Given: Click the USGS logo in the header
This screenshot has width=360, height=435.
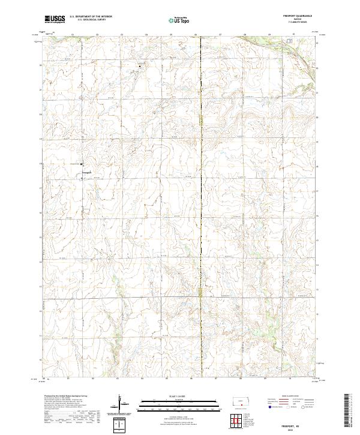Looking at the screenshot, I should click(x=55, y=19).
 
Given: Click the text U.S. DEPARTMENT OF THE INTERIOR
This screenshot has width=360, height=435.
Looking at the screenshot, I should click(x=90, y=17).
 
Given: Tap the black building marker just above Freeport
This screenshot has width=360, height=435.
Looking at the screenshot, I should click(x=82, y=164).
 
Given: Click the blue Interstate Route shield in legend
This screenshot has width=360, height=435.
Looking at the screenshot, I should click(x=266, y=407).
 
